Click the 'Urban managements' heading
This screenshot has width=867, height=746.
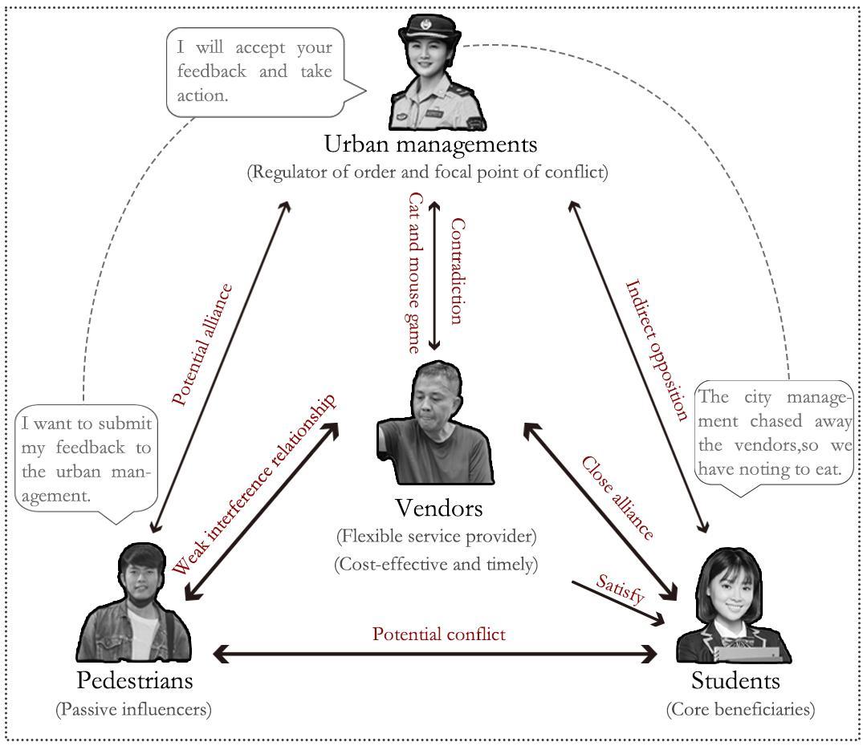(429, 144)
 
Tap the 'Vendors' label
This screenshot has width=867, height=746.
(438, 508)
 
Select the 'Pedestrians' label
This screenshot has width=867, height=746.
(135, 680)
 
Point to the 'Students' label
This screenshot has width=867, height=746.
(735, 681)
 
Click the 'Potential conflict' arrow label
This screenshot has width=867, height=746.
(438, 634)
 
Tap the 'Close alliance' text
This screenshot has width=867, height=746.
(617, 497)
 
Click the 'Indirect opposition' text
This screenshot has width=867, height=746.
(657, 350)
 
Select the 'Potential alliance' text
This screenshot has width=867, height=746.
(202, 344)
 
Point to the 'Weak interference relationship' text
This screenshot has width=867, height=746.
(254, 485)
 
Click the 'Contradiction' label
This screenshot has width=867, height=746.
(455, 271)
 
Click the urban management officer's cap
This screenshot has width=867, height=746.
(425, 34)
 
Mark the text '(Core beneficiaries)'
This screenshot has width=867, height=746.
(740, 709)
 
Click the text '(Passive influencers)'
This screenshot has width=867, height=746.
(133, 709)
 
